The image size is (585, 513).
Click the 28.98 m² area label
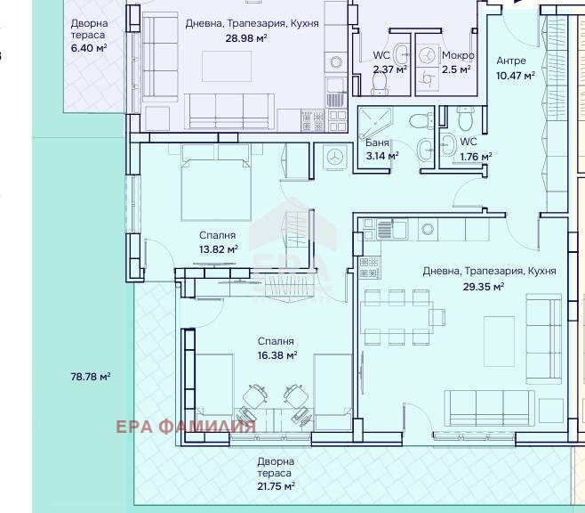point(246,38)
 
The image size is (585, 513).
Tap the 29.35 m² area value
point(484,287)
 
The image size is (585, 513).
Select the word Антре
point(511,61)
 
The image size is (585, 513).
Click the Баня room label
point(377,142)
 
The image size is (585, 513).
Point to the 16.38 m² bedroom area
point(277,355)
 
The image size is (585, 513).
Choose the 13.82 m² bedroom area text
point(219,249)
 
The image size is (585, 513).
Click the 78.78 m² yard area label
point(91,376)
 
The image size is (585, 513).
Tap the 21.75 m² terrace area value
point(276,486)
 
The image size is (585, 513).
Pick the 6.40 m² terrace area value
point(89,48)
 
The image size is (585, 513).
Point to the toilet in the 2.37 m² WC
point(381,85)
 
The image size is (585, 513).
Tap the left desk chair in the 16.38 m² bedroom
point(255,396)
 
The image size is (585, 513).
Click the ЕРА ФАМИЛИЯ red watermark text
point(186,427)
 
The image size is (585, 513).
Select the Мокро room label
point(458,56)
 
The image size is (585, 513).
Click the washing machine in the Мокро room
point(427,56)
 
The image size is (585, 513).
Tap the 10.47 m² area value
point(516,76)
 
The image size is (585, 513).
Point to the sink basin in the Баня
point(425,151)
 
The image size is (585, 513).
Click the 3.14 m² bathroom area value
point(382,156)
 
